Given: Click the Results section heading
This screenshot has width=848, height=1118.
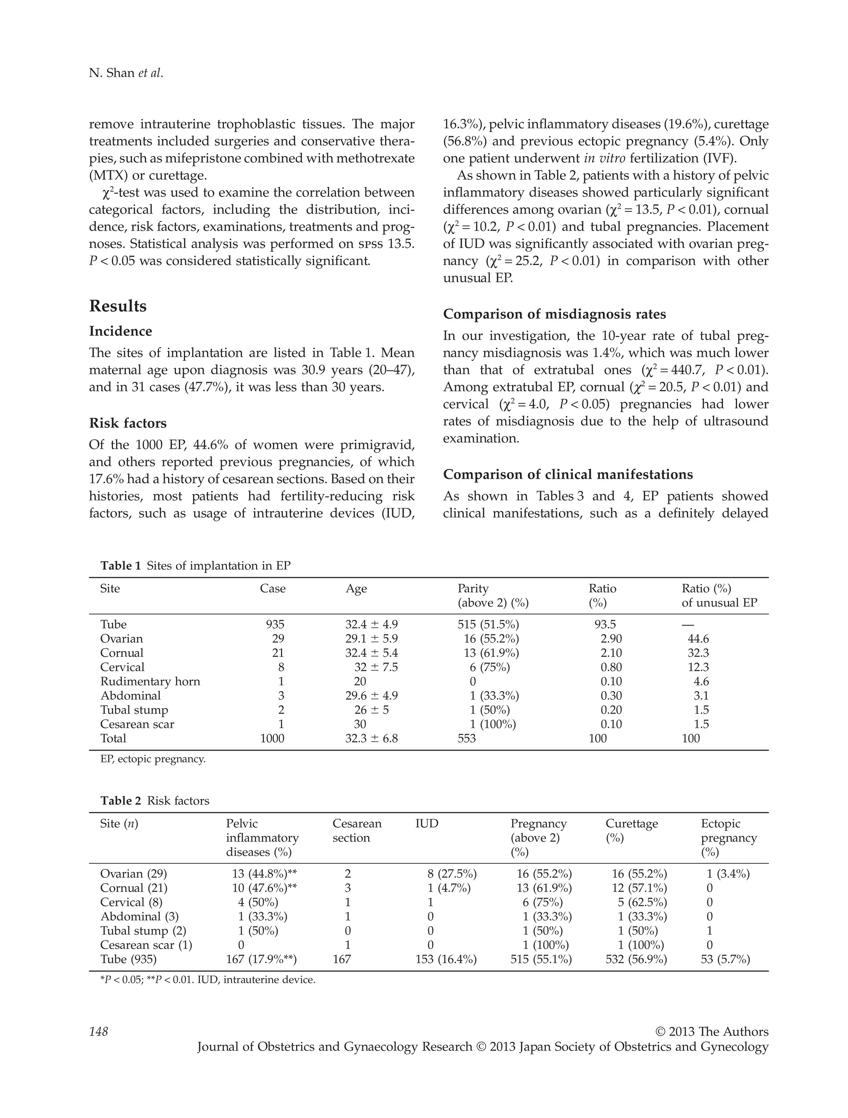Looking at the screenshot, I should pyautogui.click(x=118, y=306).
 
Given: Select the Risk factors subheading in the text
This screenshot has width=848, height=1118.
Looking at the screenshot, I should pyautogui.click(x=128, y=423).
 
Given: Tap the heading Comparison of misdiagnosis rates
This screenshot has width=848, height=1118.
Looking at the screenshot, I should pyautogui.click(x=554, y=314).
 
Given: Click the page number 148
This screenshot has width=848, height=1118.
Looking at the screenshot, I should pyautogui.click(x=99, y=1031).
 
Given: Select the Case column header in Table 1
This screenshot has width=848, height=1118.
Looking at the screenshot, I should pyautogui.click(x=272, y=588).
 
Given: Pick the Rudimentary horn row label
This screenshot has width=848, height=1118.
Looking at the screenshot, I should pyautogui.click(x=150, y=681).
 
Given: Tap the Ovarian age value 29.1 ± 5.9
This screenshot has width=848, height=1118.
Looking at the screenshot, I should pyautogui.click(x=371, y=639).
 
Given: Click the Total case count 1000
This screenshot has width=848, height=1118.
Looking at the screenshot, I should pyautogui.click(x=272, y=738).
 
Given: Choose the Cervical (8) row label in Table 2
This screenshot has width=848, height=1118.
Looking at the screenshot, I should pyautogui.click(x=131, y=902).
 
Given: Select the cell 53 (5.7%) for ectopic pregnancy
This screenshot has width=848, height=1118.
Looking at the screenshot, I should pyautogui.click(x=725, y=959).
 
